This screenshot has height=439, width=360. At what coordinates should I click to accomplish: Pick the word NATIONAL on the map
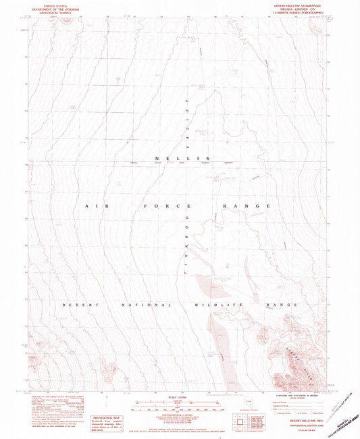click(143, 306)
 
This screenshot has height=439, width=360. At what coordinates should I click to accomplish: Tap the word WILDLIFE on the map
click(220, 306)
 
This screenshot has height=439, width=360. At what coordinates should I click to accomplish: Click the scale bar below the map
click(179, 407)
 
